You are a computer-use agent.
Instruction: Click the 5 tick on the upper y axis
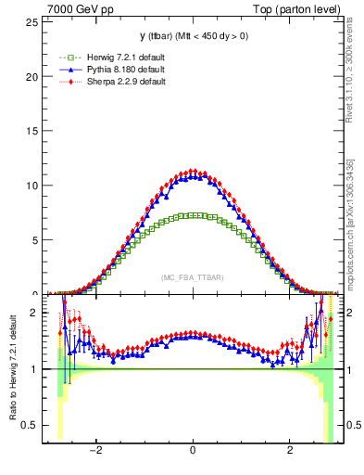(x=36, y=240)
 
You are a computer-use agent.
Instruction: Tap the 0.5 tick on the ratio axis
(x=31, y=425)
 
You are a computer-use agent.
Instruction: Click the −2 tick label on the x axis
(x=94, y=453)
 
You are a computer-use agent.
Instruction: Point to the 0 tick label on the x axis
(x=192, y=453)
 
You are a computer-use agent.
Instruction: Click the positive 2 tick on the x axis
(x=290, y=453)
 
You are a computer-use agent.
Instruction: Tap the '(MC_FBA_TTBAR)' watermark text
(x=192, y=277)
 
